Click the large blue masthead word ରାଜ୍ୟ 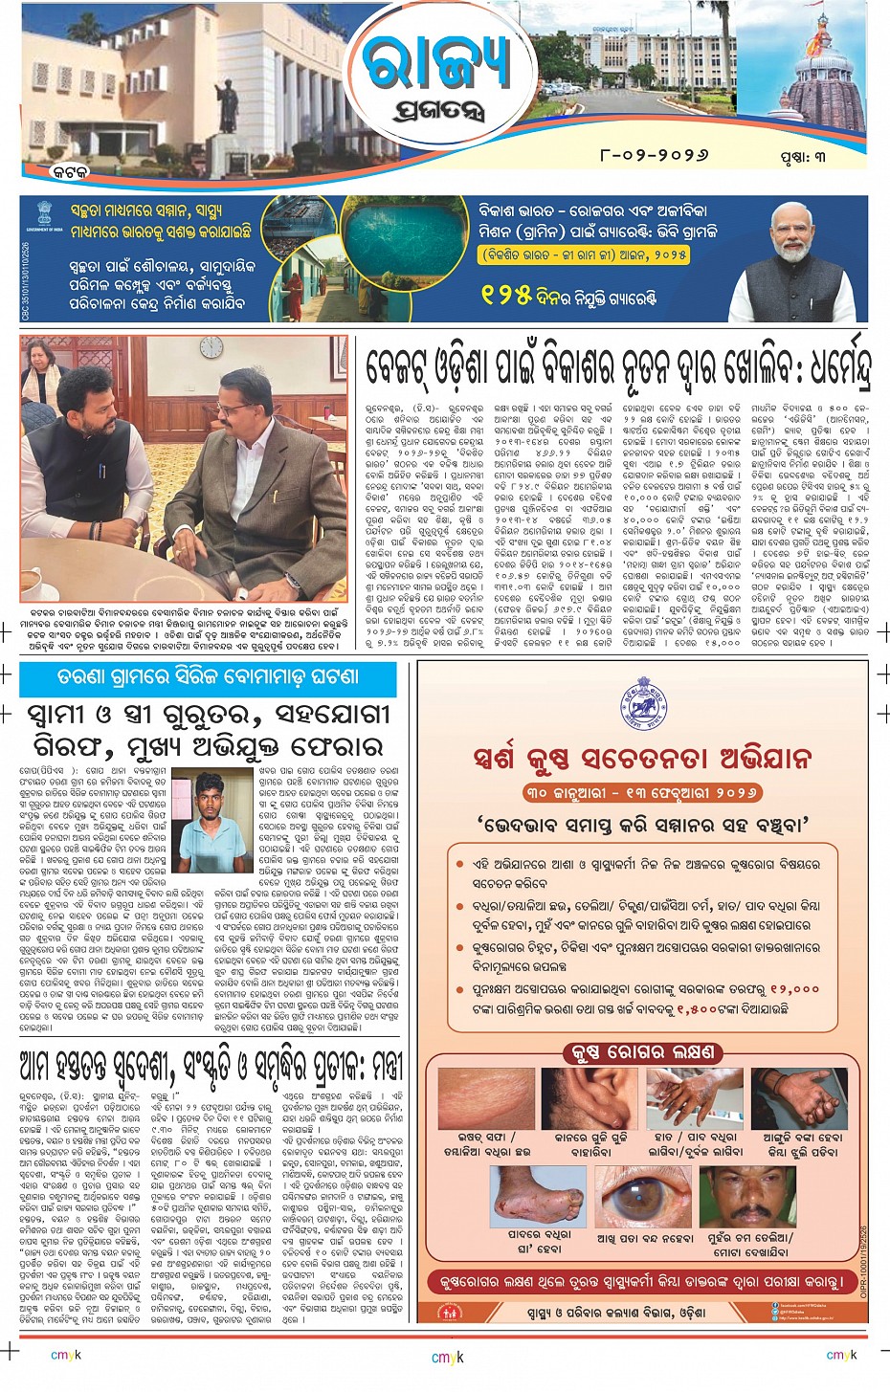(x=436, y=65)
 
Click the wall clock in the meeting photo (x=211, y=346)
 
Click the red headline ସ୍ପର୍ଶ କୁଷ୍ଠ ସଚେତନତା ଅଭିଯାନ (x=643, y=759)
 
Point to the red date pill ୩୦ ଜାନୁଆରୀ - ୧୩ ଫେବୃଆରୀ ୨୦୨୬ (x=642, y=793)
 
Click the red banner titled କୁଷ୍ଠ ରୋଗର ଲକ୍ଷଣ (x=642, y=1052)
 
